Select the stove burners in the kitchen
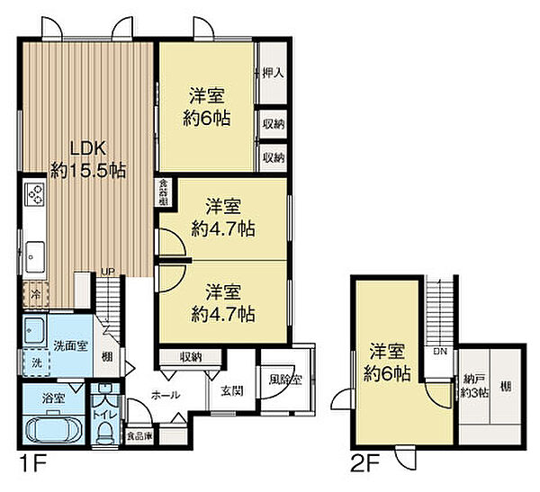(x=36, y=193)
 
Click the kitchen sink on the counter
(x=36, y=255)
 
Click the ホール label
(x=164, y=395)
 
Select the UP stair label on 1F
(x=107, y=270)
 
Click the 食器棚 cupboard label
(x=163, y=192)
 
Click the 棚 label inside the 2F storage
(x=506, y=387)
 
